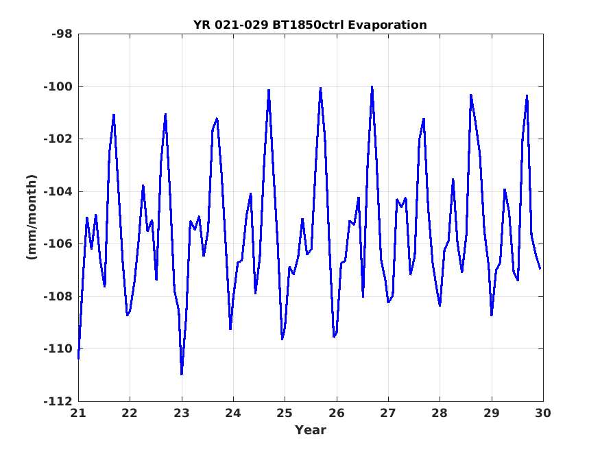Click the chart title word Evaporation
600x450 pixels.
(387, 25)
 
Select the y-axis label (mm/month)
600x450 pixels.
(32, 217)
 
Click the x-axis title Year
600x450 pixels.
(311, 430)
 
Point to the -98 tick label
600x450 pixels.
(62, 34)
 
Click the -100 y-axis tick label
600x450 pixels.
(58, 87)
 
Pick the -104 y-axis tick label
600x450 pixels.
(58, 191)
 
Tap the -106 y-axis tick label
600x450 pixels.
(58, 244)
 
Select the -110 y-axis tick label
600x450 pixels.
(58, 349)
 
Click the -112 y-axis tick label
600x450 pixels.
(58, 401)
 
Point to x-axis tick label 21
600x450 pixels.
(78, 413)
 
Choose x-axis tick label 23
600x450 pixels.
(182, 413)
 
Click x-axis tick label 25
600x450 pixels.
(285, 413)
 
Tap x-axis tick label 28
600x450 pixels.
(440, 413)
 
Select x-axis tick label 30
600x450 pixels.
(543, 413)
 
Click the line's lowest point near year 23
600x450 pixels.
(182, 375)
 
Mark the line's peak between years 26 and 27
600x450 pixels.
(372, 87)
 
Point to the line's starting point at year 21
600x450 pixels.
(78, 359)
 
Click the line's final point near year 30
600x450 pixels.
(540, 269)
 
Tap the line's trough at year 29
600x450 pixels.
(492, 316)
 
